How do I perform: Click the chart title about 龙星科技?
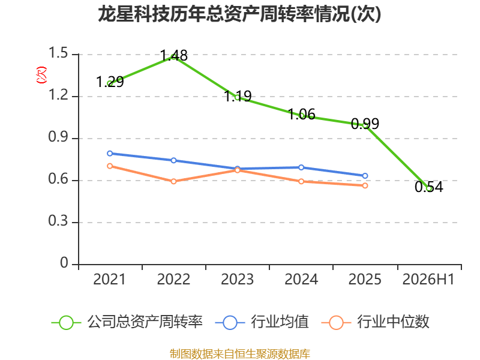(x=239, y=14)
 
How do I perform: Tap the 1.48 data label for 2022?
(x=174, y=56)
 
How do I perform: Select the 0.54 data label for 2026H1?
(x=429, y=187)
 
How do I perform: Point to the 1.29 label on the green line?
(x=110, y=82)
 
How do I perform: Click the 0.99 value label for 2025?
(x=365, y=124)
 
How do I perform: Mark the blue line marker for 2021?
(x=110, y=154)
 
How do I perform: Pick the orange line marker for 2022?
(x=173, y=181)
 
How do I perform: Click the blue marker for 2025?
(x=365, y=176)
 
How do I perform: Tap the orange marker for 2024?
(x=301, y=181)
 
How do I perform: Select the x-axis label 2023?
(x=237, y=280)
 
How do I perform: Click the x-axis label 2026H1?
(x=428, y=280)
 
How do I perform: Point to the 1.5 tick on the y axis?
(x=58, y=53)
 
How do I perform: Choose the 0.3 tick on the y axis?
(x=58, y=221)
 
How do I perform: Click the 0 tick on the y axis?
(x=64, y=263)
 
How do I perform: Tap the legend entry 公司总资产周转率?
(x=127, y=322)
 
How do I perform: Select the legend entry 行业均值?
(x=262, y=322)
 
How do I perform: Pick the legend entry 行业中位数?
(x=376, y=322)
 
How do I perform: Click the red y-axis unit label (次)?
(x=41, y=75)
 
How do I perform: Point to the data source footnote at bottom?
(x=239, y=354)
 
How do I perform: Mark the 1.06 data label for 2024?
(x=302, y=115)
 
